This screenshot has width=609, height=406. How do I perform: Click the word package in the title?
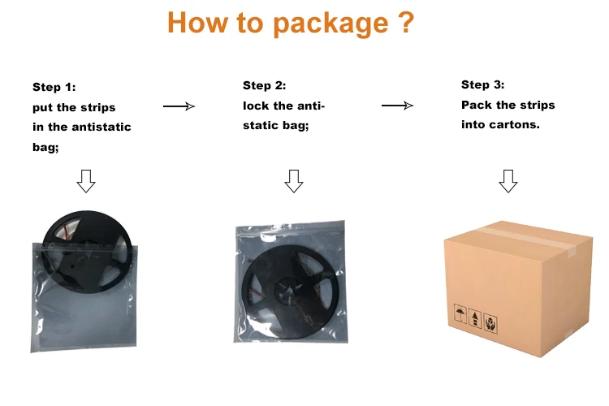click(x=328, y=24)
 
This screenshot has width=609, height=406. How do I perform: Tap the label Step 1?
click(x=54, y=87)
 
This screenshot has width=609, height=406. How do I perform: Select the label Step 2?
click(x=265, y=85)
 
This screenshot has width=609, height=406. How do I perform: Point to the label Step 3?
click(x=482, y=84)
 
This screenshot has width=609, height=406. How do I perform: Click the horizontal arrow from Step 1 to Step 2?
click(x=179, y=106)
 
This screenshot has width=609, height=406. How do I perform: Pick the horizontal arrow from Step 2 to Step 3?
click(x=397, y=105)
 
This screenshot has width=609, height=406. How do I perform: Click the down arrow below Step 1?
click(x=85, y=181)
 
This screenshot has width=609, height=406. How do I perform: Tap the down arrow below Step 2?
click(x=294, y=181)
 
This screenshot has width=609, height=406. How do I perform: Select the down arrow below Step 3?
click(x=508, y=181)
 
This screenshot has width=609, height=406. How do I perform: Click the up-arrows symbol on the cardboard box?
click(x=474, y=318)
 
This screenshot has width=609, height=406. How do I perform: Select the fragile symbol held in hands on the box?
click(x=490, y=323)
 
